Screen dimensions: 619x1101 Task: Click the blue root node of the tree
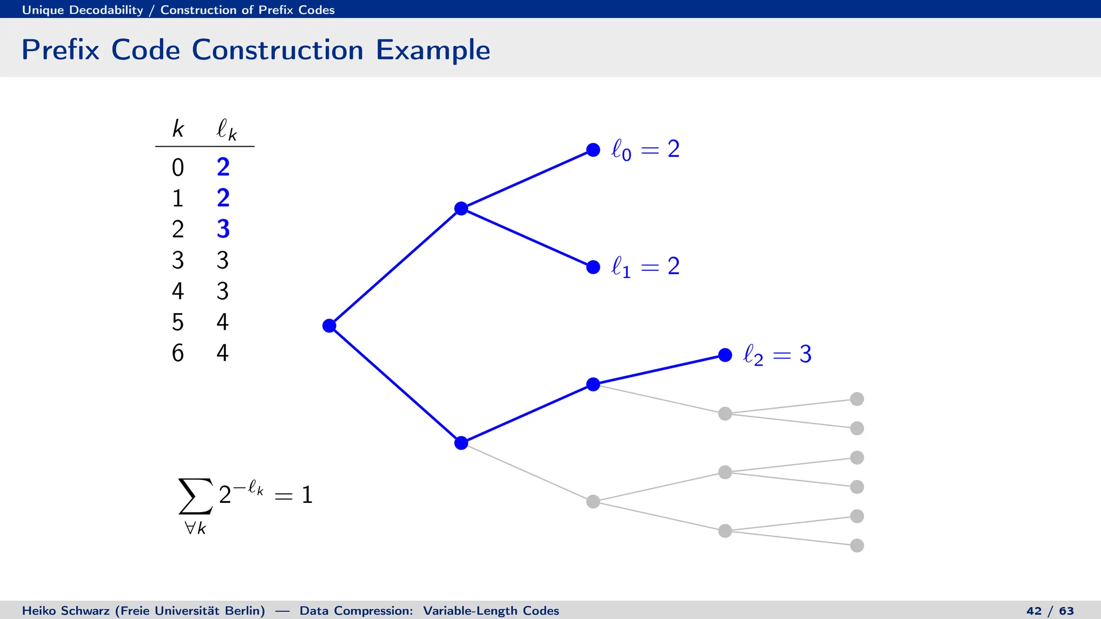[x=329, y=326]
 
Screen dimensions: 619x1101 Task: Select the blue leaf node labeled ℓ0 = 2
[x=593, y=150]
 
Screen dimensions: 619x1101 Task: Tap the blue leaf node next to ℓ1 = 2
[x=593, y=267]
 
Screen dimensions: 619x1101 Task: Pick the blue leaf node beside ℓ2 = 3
[x=725, y=355]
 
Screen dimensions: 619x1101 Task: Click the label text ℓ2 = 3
[x=777, y=355]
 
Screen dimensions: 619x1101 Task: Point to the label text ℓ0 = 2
[x=645, y=149]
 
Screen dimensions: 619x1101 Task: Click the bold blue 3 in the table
[x=223, y=229]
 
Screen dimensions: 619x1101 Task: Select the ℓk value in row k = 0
[x=223, y=167]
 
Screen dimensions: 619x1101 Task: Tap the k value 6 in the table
[x=177, y=353]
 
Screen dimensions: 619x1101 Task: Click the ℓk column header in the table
[x=226, y=129]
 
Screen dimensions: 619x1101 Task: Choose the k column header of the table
[x=178, y=129]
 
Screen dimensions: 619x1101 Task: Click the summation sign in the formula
[x=195, y=495]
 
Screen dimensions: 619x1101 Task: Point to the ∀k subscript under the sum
[x=195, y=528]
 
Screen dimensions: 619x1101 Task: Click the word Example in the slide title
[x=433, y=50]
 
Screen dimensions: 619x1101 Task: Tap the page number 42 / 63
[x=1049, y=611]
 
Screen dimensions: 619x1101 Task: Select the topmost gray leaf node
[x=857, y=399]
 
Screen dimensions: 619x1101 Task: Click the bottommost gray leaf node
[x=857, y=545]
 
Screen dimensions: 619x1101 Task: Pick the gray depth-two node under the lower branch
[x=593, y=501]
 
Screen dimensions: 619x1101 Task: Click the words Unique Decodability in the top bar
[x=82, y=10]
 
